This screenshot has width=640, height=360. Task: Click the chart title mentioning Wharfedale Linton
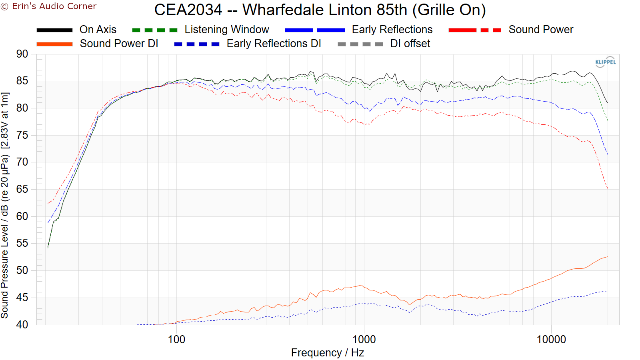click(320, 10)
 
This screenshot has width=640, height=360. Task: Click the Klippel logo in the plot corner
click(605, 62)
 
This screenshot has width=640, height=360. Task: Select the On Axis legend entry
click(98, 30)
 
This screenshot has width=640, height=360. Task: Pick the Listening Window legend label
click(227, 30)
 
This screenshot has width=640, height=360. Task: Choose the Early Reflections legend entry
click(392, 30)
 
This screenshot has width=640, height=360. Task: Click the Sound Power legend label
click(541, 30)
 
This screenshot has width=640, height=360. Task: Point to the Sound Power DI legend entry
click(119, 44)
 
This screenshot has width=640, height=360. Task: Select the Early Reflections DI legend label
click(274, 44)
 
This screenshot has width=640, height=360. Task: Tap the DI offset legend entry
click(410, 44)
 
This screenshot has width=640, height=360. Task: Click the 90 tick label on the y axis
click(22, 54)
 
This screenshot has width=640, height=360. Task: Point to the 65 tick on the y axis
click(22, 189)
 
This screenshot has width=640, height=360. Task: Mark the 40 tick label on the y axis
click(22, 324)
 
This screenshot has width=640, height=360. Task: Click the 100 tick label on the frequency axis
click(176, 340)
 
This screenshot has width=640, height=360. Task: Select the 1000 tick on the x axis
click(364, 340)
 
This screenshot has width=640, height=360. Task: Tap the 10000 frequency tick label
click(551, 340)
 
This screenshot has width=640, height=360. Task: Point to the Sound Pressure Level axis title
click(5, 205)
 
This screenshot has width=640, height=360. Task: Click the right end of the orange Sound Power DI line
click(607, 257)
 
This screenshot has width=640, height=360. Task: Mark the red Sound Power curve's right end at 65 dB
click(608, 188)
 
